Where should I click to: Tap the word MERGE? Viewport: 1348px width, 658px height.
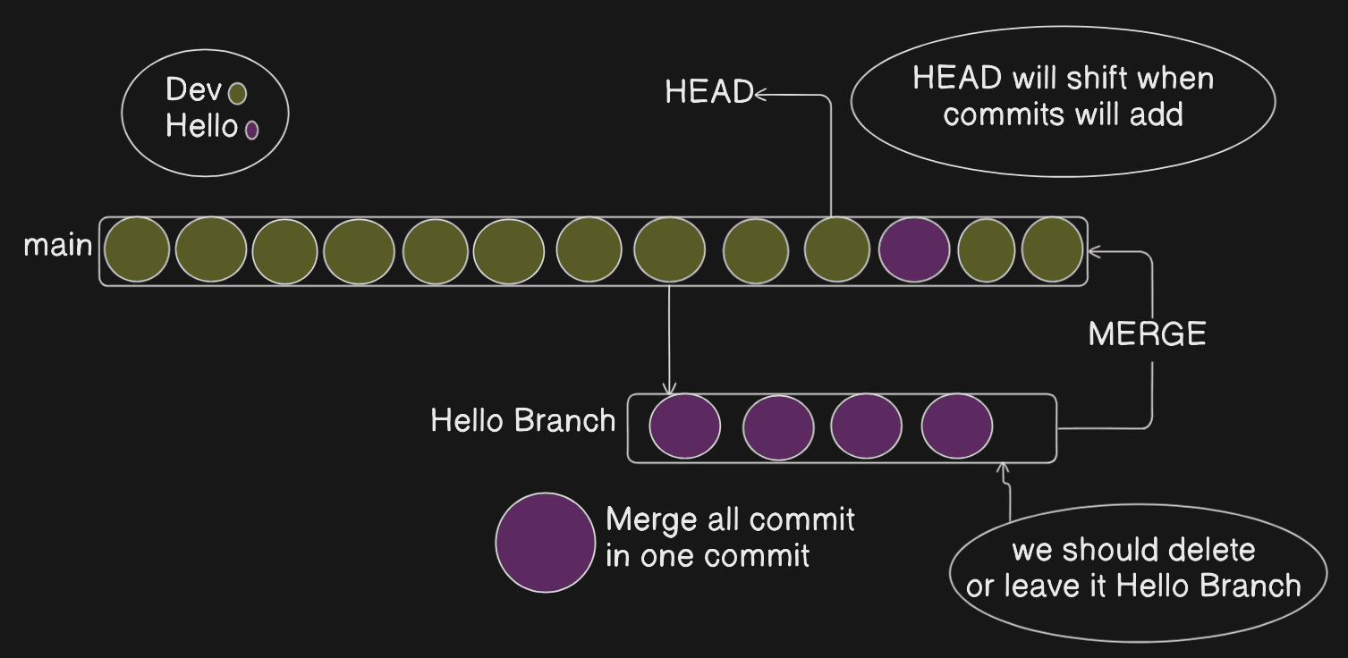(1147, 335)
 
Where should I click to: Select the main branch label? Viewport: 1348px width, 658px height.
(57, 246)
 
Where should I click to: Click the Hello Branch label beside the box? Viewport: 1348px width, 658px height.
(523, 420)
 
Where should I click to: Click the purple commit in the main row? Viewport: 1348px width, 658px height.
(914, 250)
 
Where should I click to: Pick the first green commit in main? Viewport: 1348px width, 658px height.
(137, 250)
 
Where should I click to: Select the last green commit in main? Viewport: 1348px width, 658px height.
(1052, 250)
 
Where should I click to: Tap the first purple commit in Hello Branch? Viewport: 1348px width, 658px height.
(684, 427)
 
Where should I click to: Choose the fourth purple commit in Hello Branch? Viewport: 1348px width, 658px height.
(956, 427)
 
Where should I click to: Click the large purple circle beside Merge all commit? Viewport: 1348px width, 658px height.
(546, 542)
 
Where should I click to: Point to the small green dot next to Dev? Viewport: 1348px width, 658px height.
(237, 93)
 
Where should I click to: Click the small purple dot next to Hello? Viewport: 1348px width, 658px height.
(251, 130)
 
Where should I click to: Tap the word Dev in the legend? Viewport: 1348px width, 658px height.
(193, 90)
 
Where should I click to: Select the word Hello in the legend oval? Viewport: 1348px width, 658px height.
(200, 127)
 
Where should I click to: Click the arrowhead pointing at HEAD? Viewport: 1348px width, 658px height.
(760, 93)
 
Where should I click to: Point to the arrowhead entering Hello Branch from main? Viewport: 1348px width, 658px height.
(669, 388)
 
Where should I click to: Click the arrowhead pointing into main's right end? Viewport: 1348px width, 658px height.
(1093, 252)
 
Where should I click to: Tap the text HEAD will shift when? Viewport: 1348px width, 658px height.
(1063, 79)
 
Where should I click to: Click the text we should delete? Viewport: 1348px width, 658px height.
(1133, 550)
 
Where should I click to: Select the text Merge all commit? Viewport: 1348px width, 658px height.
(730, 519)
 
